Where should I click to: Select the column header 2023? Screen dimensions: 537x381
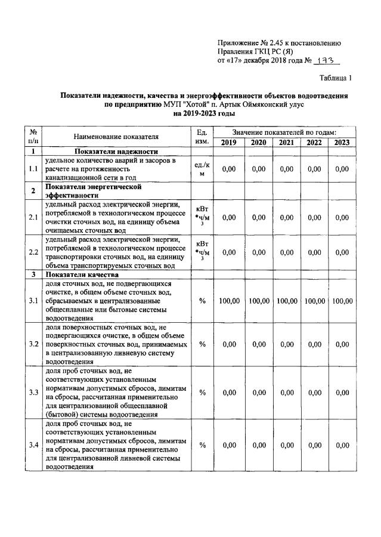[x=342, y=142]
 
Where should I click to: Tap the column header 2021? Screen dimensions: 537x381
[x=286, y=142]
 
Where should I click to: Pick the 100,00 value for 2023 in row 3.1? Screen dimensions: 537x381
[x=342, y=301]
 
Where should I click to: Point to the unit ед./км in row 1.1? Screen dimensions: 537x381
[x=202, y=169]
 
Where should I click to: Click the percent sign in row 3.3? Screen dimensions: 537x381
[x=202, y=392]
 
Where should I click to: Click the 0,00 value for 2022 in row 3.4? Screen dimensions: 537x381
[x=314, y=445]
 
